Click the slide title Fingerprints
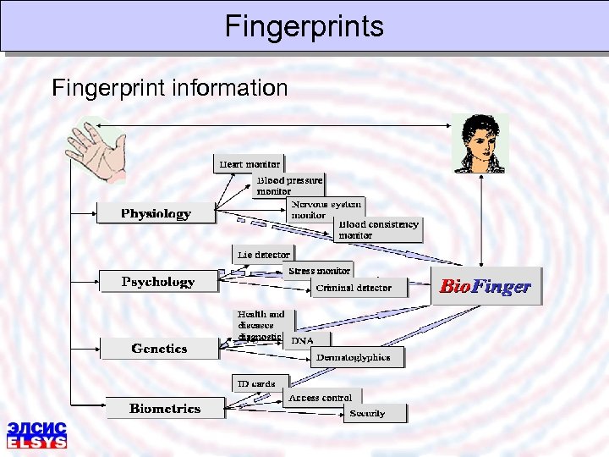pyautogui.click(x=304, y=26)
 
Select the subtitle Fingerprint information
pyautogui.click(x=169, y=87)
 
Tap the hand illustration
pyautogui.click(x=97, y=151)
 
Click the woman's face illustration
pyautogui.click(x=480, y=144)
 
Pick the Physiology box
pyautogui.click(x=156, y=213)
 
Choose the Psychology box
pyautogui.click(x=157, y=282)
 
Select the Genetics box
pyautogui.click(x=159, y=348)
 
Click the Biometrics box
pyautogui.click(x=164, y=408)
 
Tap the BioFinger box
pyautogui.click(x=485, y=287)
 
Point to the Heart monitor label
pyautogui.click(x=249, y=163)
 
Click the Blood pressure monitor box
pyautogui.click(x=289, y=185)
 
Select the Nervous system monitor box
pyautogui.click(x=326, y=209)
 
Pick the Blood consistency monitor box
pyautogui.click(x=378, y=229)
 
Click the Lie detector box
pyautogui.click(x=263, y=254)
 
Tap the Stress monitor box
pyautogui.click(x=319, y=271)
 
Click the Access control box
pyautogui.click(x=321, y=397)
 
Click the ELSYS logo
pyautogui.click(x=36, y=434)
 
